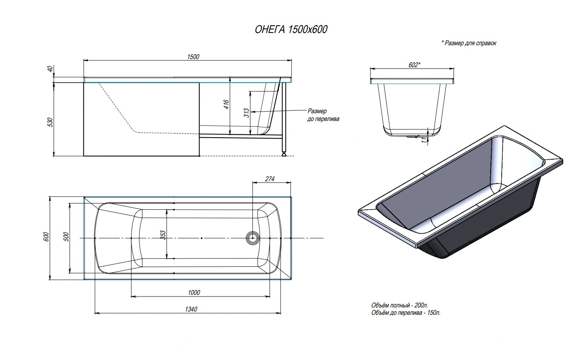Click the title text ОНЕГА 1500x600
(291, 29)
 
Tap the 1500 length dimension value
(193, 57)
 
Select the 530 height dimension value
(50, 122)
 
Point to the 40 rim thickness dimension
(50, 70)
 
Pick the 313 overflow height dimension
(246, 113)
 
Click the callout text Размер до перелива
(323, 115)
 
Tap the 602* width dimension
(414, 65)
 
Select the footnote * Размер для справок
(469, 43)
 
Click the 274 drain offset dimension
(270, 179)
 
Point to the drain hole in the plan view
(252, 237)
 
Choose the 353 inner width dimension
(163, 235)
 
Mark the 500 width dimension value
(66, 237)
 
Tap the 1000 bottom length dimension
(194, 292)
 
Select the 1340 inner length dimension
(191, 309)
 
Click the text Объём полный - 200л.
(399, 305)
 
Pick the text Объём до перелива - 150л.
(406, 313)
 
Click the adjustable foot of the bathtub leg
(283, 154)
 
